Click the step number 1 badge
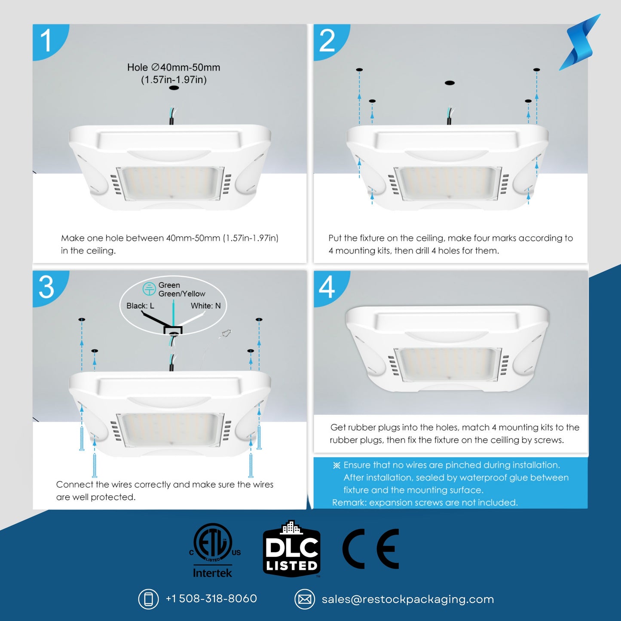click(46, 41)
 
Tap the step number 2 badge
click(327, 41)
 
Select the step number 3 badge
click(46, 287)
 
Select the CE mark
click(371, 549)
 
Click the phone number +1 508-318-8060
click(211, 599)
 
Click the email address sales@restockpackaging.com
click(407, 599)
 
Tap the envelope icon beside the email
click(305, 599)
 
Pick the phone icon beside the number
click(148, 599)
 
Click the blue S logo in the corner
click(580, 43)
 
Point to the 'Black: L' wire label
click(140, 306)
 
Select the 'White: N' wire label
click(205, 306)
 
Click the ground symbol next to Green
click(149, 289)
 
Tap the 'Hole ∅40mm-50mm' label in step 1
click(174, 67)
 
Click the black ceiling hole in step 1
click(174, 88)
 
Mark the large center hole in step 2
click(450, 83)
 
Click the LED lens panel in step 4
click(447, 364)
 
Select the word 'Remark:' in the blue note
click(349, 502)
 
